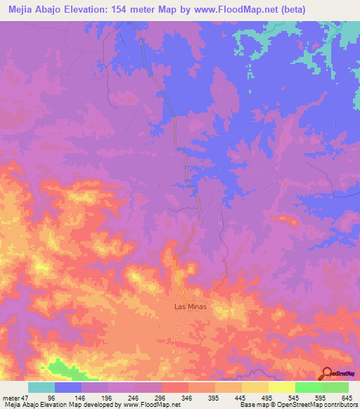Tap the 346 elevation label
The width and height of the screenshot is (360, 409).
[188, 397]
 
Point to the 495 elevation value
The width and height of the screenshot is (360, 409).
[268, 397]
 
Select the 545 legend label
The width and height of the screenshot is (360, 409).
[295, 397]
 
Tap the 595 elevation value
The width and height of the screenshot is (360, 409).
[321, 397]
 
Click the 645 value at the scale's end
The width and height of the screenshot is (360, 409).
[346, 397]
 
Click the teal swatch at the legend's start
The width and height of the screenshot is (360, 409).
[41, 387]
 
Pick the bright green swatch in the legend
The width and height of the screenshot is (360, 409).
[308, 387]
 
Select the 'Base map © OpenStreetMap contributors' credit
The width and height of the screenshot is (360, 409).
[297, 404]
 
